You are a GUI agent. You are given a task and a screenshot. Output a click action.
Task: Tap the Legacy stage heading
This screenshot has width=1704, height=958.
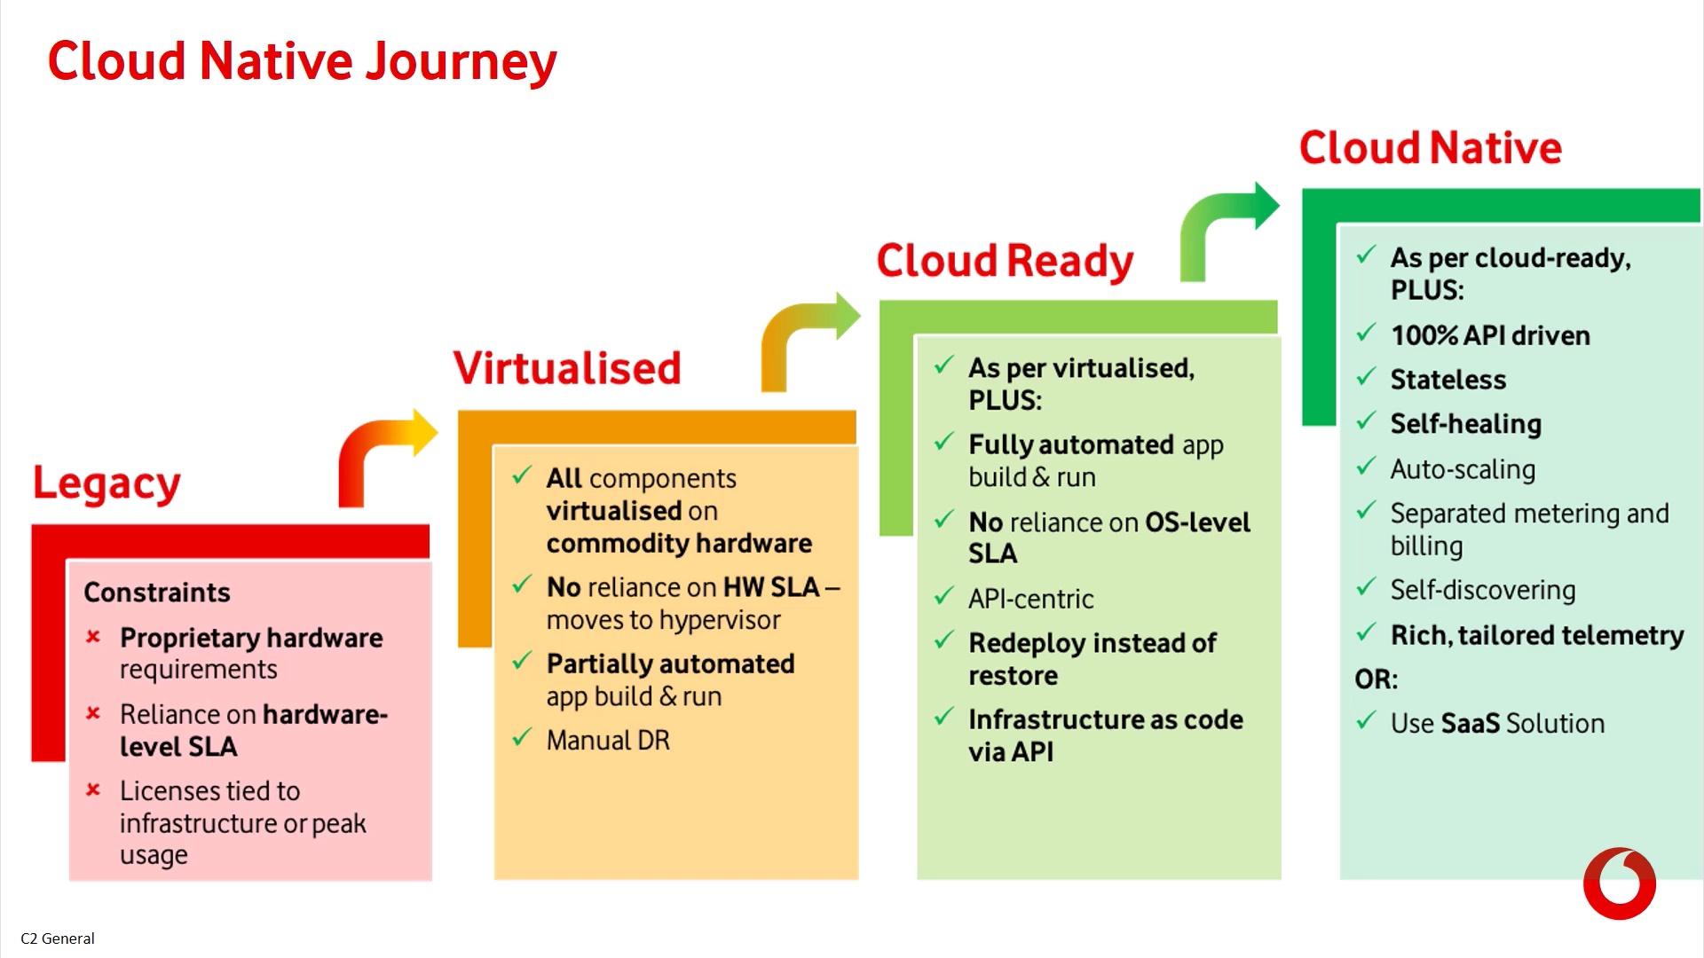coord(106,484)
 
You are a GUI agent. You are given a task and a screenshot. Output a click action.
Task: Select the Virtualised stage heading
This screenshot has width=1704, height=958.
coord(567,367)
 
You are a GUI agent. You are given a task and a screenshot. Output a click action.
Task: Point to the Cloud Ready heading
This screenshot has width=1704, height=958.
coord(1005,261)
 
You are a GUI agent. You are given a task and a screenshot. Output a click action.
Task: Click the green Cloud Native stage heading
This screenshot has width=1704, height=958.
coord(1430,147)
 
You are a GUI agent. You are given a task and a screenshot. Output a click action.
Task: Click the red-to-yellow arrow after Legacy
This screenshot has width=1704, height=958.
coord(382,452)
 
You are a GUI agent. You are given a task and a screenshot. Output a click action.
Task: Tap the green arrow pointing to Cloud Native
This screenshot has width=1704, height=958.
coord(1225,226)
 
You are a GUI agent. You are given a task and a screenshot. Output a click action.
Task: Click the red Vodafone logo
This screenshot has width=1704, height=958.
coord(1619,883)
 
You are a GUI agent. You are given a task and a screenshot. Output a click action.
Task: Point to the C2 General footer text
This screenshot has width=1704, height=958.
coord(58,938)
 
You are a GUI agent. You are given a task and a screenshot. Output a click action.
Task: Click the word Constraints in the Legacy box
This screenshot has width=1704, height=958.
coord(157,592)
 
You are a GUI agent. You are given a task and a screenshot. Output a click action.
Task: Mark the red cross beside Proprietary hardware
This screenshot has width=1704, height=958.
coord(93,637)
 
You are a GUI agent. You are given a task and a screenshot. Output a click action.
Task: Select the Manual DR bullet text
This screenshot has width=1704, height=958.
coord(608,740)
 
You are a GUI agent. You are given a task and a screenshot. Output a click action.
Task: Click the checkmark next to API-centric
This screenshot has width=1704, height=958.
coord(943,596)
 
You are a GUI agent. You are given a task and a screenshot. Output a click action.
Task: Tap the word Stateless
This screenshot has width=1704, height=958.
coord(1448,380)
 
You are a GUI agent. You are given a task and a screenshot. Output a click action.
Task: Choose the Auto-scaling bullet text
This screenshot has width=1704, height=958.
coord(1463,469)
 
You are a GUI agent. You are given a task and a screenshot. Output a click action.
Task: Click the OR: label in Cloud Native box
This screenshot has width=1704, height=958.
coord(1376,679)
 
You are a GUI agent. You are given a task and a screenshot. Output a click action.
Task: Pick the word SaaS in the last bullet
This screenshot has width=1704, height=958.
coord(1470,723)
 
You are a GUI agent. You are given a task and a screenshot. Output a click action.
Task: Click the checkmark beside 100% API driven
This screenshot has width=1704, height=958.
coord(1366,334)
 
